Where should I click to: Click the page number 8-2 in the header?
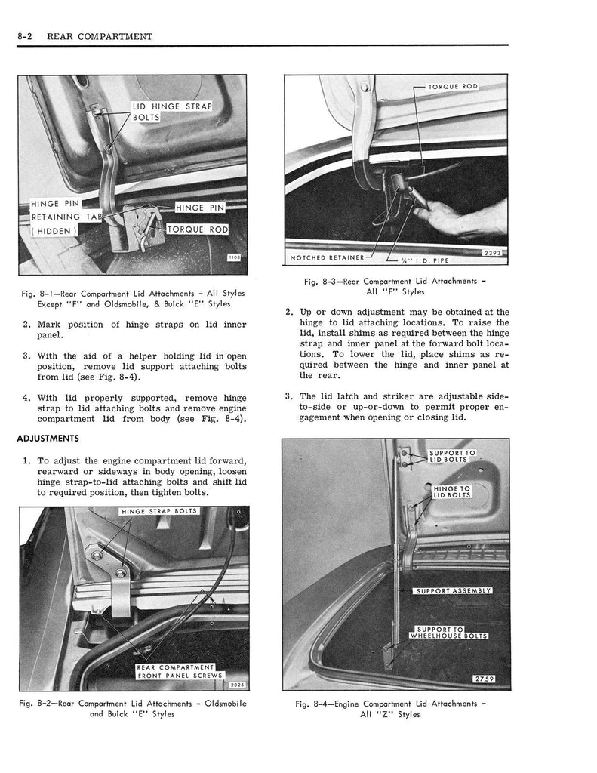[26, 36]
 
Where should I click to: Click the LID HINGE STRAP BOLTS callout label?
[171, 112]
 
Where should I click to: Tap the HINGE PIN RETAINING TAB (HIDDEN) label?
[60, 217]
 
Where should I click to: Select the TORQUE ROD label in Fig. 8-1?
[196, 229]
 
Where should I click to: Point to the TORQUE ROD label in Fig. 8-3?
[453, 87]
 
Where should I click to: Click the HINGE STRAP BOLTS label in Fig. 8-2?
[158, 512]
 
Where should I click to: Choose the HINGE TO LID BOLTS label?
[452, 492]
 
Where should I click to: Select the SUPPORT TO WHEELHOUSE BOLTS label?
[449, 632]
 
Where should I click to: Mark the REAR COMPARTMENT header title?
[99, 36]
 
